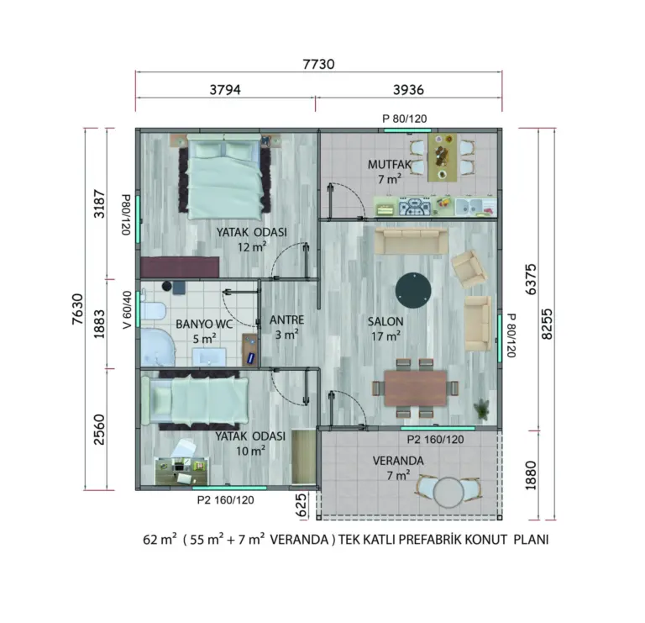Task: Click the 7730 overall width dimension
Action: point(318,64)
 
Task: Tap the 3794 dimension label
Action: point(225,89)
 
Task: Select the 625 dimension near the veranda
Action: point(302,505)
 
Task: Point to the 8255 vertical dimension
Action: point(547,324)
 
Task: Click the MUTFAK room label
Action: point(389,164)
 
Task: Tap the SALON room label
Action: point(385,321)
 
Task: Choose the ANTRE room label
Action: point(286,320)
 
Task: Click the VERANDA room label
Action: point(398,461)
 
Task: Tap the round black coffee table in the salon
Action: point(413,290)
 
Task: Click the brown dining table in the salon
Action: point(416,388)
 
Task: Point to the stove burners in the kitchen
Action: point(414,206)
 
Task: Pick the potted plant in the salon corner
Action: point(482,409)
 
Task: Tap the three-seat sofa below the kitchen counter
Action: point(412,241)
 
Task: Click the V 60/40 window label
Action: point(128,310)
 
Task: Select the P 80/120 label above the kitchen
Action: point(404,119)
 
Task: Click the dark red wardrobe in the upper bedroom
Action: point(180,267)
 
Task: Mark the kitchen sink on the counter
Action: point(469,206)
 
